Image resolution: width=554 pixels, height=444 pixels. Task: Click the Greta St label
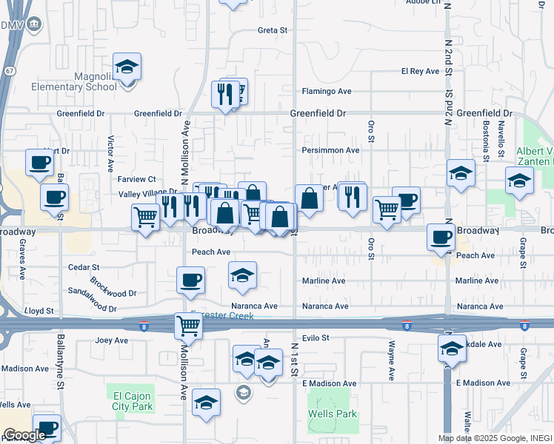pos(272,30)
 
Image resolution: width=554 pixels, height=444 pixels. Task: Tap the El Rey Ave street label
pos(420,71)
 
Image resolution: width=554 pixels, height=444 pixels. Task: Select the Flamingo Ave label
pos(326,92)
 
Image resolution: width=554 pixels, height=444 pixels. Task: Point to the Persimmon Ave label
pos(330,150)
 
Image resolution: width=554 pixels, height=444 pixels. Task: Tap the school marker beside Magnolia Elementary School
pos(127,68)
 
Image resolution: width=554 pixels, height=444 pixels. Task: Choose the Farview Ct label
pos(136,179)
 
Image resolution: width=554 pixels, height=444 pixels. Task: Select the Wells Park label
pos(333,414)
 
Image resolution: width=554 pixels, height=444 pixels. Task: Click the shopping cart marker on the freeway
pos(188,326)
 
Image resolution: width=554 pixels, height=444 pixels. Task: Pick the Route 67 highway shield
pos(7,70)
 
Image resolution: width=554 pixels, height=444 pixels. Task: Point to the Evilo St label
pos(315,337)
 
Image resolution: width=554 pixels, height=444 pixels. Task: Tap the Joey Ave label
pos(112,340)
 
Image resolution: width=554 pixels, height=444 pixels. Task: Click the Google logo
pos(24,435)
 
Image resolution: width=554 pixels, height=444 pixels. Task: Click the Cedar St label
pos(84,266)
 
